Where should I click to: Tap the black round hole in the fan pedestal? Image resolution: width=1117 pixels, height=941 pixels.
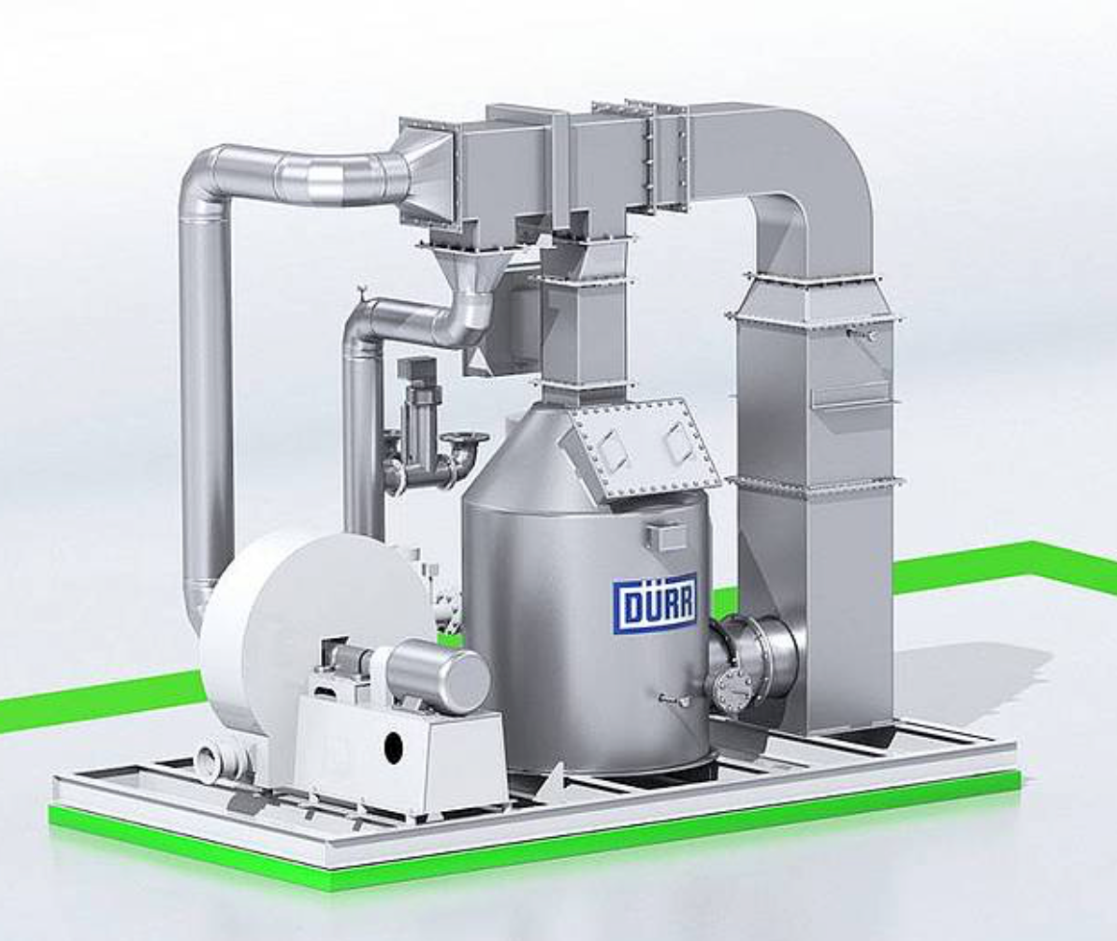pyautogui.click(x=394, y=746)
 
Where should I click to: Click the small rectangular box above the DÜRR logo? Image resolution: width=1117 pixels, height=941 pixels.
pyautogui.click(x=665, y=536)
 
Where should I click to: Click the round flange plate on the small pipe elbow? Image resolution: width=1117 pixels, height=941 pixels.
pyautogui.click(x=465, y=440)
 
